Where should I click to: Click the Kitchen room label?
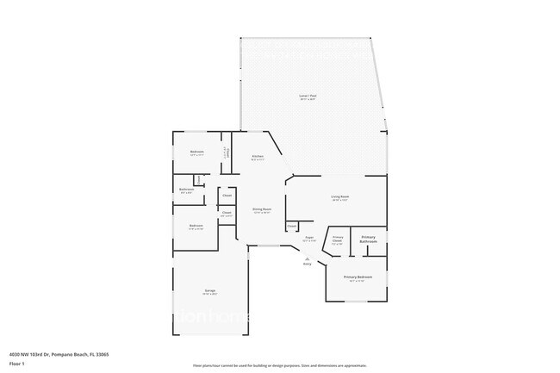click(x=258, y=157)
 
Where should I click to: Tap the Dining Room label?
click(x=262, y=209)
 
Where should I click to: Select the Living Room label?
click(x=339, y=197)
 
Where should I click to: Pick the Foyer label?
click(x=308, y=238)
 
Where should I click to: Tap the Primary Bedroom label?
click(x=358, y=277)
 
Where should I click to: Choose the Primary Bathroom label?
click(x=369, y=239)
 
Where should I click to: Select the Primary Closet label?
click(x=338, y=239)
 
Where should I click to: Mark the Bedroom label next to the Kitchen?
click(x=196, y=152)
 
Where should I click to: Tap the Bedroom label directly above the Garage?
click(x=196, y=227)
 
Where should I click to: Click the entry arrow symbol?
click(x=307, y=258)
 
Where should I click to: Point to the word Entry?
click(x=307, y=264)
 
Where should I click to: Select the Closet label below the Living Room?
click(x=293, y=226)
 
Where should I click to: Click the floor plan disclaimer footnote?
click(x=279, y=365)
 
